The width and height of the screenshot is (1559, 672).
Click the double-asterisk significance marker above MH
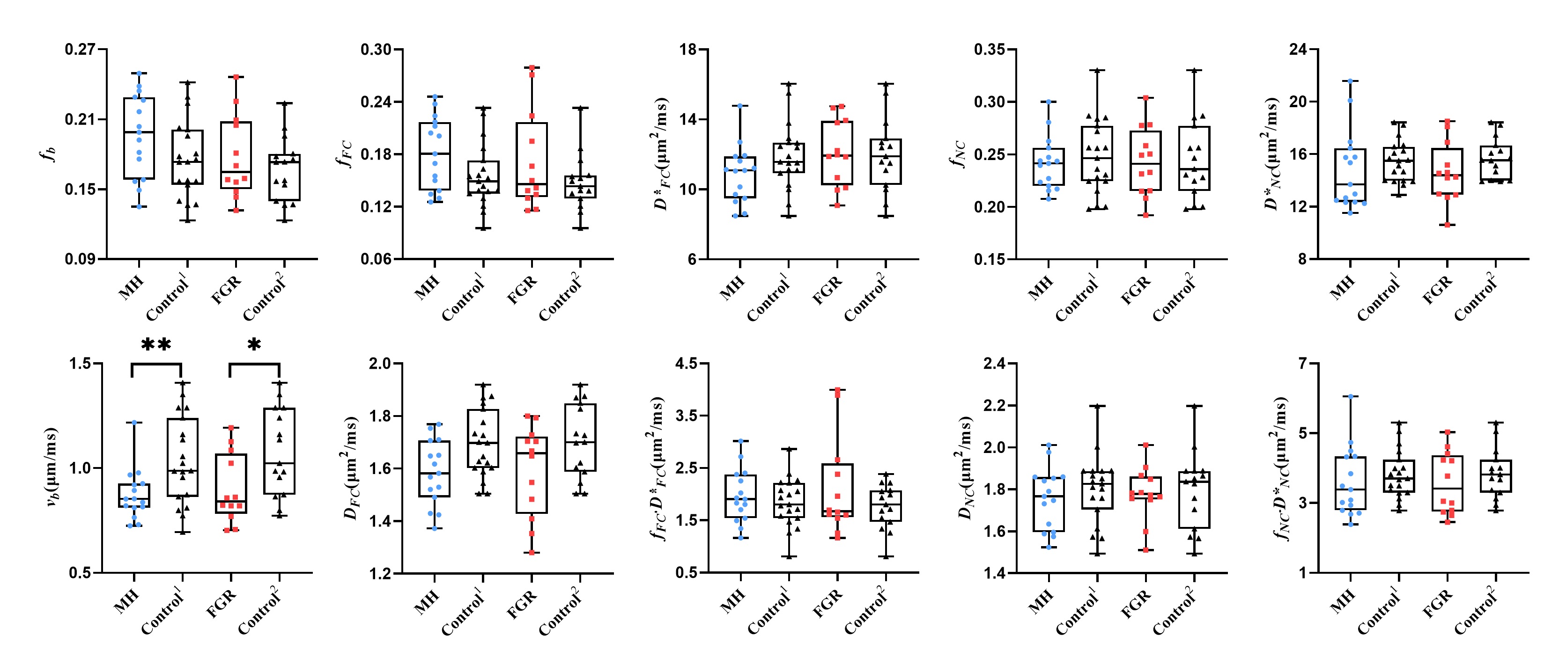click(155, 345)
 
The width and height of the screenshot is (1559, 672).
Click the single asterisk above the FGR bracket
click(254, 345)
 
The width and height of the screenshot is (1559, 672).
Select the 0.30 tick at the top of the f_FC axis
click(376, 49)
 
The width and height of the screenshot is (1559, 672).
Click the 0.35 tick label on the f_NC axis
click(990, 49)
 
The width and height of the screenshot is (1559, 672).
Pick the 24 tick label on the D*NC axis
click(1298, 49)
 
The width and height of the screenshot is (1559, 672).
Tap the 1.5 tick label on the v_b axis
click(81, 364)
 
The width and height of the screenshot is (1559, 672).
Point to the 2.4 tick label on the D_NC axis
click(994, 364)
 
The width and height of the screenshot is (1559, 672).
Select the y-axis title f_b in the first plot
click(52, 154)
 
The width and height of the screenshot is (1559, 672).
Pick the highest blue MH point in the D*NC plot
click(1350, 81)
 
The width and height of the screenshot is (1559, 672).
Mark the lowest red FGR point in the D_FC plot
click(532, 552)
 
